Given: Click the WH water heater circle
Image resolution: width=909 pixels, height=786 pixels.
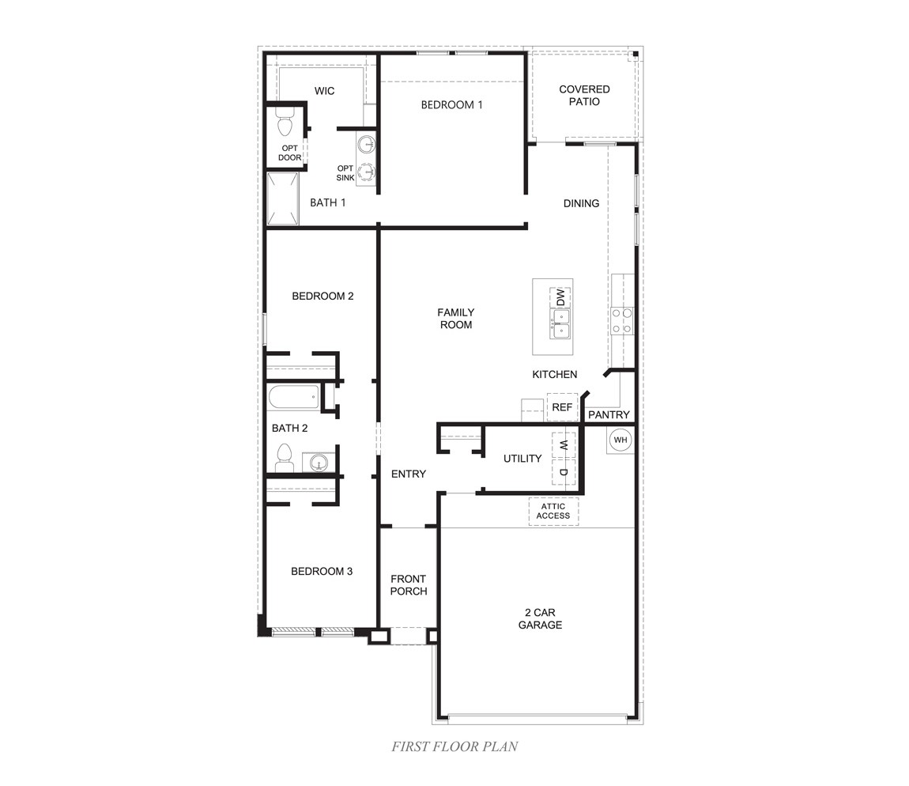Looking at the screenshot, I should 620,440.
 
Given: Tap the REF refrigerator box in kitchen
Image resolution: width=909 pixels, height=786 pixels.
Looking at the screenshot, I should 562,407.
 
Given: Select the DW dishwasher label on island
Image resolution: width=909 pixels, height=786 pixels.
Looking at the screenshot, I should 560,298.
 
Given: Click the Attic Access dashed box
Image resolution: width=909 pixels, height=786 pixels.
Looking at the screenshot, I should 553,511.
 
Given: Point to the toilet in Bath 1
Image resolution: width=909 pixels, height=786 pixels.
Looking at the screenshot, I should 285,125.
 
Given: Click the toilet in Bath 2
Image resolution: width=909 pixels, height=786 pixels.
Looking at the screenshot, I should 285,458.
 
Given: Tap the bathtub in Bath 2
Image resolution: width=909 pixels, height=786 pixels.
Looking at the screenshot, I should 292,397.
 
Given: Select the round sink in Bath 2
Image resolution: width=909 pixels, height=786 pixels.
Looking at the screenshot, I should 319,462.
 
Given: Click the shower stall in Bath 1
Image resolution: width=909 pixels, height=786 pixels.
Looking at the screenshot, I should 282,198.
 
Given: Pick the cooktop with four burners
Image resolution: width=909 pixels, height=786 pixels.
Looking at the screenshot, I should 622,320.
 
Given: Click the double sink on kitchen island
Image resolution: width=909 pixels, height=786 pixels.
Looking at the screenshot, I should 560,323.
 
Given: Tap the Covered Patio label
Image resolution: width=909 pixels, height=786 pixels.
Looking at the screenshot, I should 584,96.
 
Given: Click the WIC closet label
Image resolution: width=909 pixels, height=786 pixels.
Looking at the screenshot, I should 324,91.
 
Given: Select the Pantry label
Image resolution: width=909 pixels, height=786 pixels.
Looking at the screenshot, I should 609,414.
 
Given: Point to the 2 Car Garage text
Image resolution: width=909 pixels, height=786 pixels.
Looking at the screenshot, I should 540,618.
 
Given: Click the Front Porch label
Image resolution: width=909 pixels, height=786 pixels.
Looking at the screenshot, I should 408,585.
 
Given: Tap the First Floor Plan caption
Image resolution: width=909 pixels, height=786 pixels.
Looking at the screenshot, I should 455,746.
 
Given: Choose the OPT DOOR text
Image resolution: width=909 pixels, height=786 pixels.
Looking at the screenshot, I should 289,153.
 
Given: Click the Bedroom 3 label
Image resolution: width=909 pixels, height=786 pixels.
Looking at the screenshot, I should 321,571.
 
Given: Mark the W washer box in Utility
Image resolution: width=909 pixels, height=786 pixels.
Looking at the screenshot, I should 564,446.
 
